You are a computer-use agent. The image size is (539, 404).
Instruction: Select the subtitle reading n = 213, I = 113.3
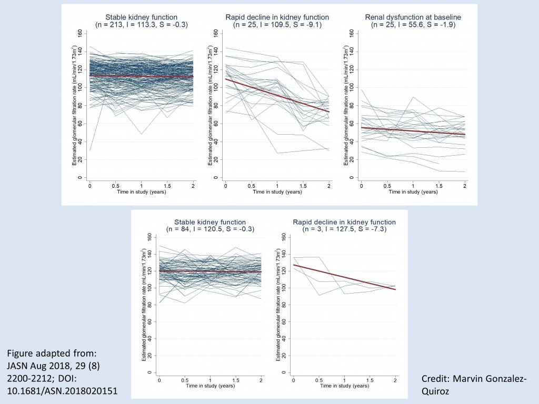pyautogui.click(x=141, y=24)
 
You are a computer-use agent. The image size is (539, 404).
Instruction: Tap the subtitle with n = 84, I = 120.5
pyautogui.click(x=211, y=229)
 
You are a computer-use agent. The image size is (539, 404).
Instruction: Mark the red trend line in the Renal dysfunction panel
pyautogui.click(x=413, y=132)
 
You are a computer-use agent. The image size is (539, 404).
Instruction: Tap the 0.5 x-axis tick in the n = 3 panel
pyautogui.click(x=318, y=379)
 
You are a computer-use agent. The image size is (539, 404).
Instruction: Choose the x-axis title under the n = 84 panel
pyautogui.click(x=211, y=386)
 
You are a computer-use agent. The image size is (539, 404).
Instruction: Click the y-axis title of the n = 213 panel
pyautogui.click(x=75, y=105)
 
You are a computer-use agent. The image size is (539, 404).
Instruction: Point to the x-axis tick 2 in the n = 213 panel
pyautogui.click(x=193, y=185)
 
